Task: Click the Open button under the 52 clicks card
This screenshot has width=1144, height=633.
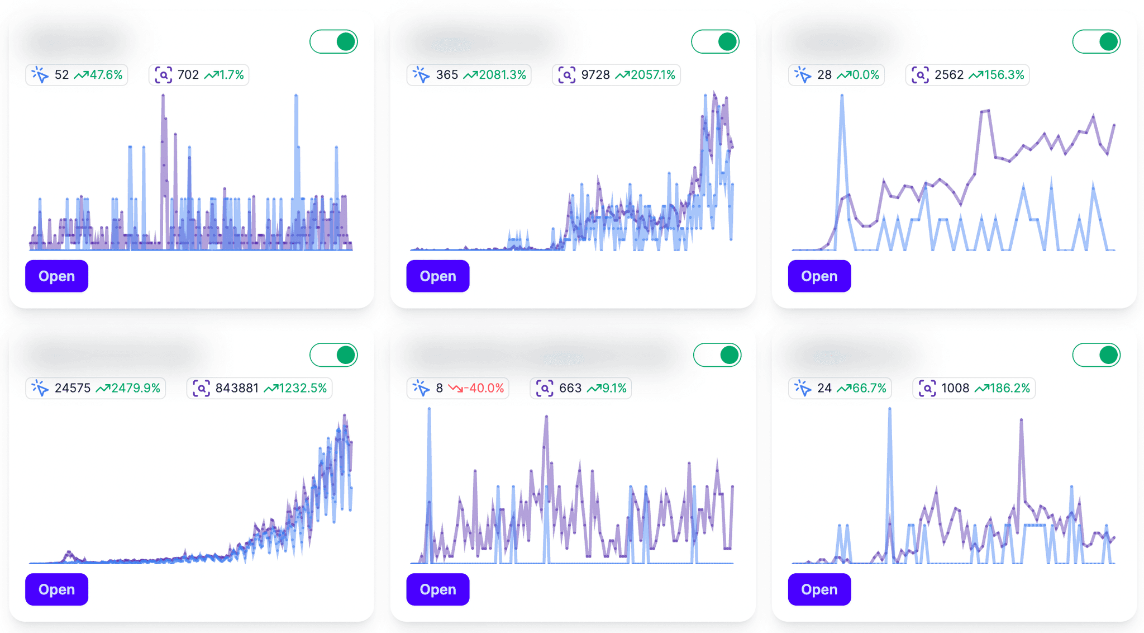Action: click(56, 276)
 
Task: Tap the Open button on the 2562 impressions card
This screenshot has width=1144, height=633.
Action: click(819, 276)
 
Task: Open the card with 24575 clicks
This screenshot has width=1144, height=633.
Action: click(56, 589)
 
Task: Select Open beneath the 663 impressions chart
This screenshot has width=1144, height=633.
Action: click(437, 589)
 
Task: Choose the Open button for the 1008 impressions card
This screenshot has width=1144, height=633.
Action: click(819, 589)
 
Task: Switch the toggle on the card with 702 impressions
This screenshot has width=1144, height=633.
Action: click(334, 42)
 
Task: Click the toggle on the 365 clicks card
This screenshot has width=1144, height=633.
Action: click(715, 42)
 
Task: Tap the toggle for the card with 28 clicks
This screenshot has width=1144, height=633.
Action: click(1096, 42)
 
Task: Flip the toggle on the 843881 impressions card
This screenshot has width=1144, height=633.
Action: click(334, 355)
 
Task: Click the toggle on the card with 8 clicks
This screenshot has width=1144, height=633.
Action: click(717, 355)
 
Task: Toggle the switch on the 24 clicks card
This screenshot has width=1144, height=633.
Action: click(1096, 355)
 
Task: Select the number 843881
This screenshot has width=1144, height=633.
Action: click(237, 388)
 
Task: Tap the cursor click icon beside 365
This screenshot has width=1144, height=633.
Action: click(421, 75)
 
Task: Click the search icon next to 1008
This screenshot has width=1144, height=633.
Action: click(927, 388)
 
